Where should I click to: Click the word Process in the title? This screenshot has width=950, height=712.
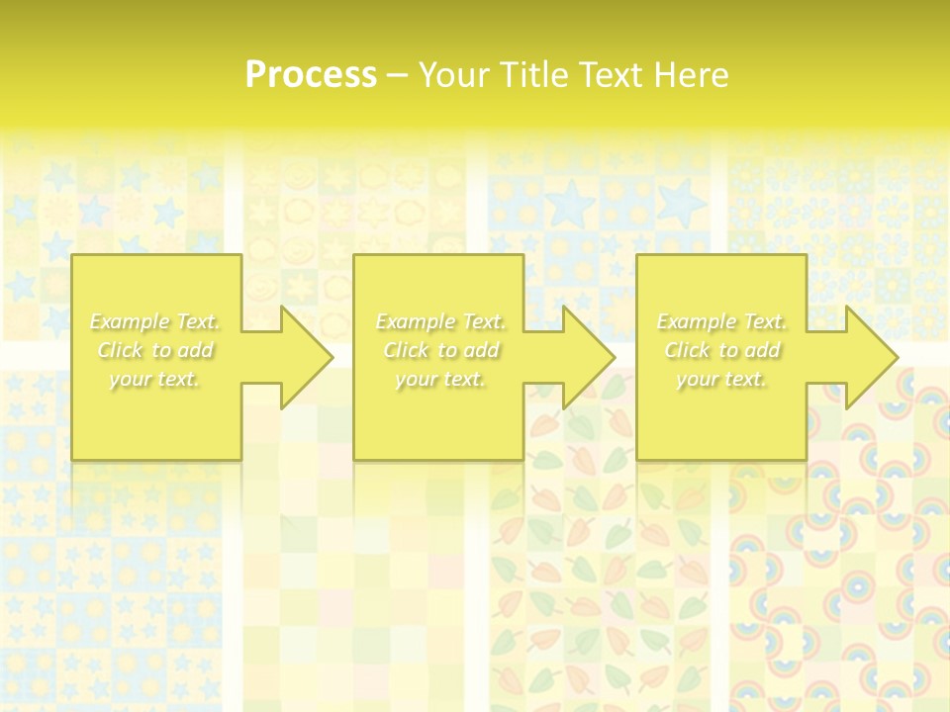coord(311,75)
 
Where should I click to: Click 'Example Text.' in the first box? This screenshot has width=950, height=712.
coord(155,321)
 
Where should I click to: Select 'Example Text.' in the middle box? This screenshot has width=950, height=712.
coord(440,321)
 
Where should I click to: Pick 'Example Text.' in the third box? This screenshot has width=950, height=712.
coord(721,321)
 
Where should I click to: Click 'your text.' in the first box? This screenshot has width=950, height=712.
coord(155,379)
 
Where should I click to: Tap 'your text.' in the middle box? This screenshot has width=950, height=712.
coord(440,379)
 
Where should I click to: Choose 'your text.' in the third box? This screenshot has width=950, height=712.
coord(721,379)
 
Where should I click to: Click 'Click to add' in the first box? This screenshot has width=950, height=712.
coord(155,350)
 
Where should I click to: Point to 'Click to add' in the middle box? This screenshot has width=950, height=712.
coord(440,350)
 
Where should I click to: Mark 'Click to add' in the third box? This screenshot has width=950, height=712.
coord(721,350)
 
